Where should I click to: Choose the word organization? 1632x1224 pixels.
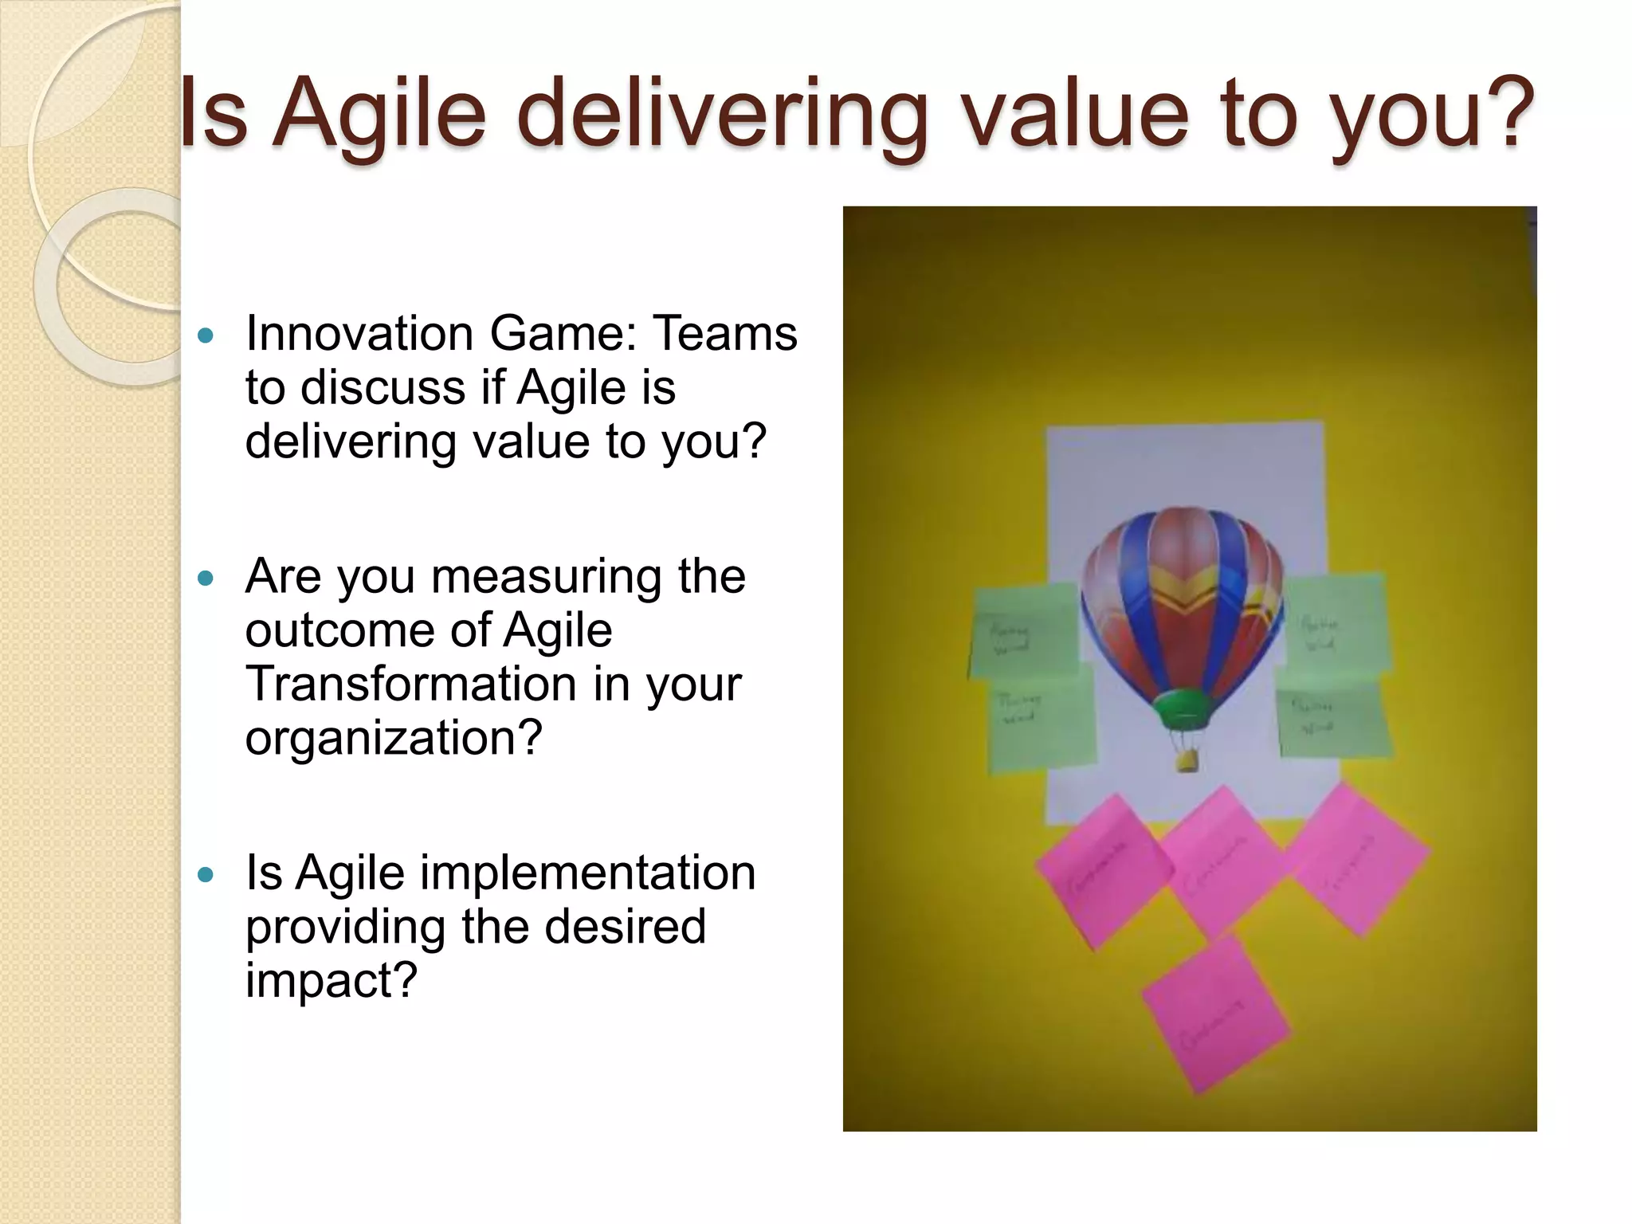[394, 738]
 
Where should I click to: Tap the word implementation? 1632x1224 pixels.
[587, 873]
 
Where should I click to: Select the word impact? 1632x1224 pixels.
[331, 980]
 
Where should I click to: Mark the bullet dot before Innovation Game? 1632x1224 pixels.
[206, 335]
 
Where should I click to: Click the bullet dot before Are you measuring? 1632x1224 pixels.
[206, 578]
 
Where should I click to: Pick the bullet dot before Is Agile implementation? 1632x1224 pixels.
[206, 875]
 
